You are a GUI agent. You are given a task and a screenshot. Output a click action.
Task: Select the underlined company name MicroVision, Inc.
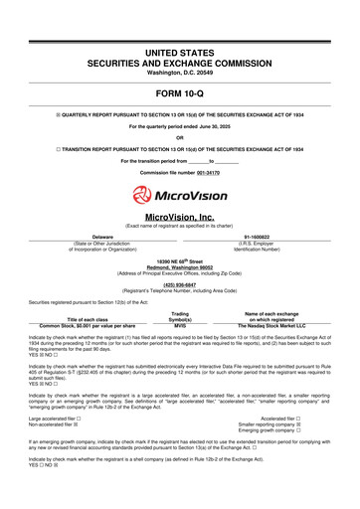point(179,218)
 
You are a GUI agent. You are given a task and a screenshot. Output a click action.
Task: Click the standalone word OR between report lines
point(179,138)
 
